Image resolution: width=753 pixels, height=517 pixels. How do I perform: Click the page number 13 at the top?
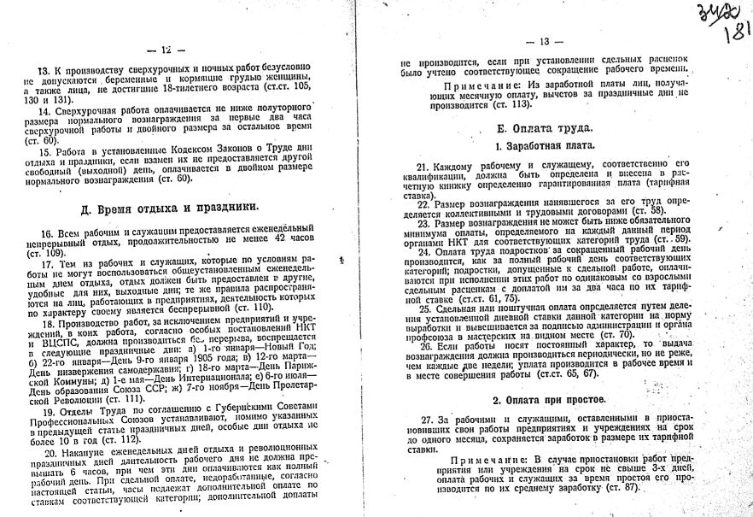546,41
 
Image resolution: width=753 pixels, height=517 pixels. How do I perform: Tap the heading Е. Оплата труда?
544,129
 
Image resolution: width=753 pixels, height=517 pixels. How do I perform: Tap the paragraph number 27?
425,419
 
